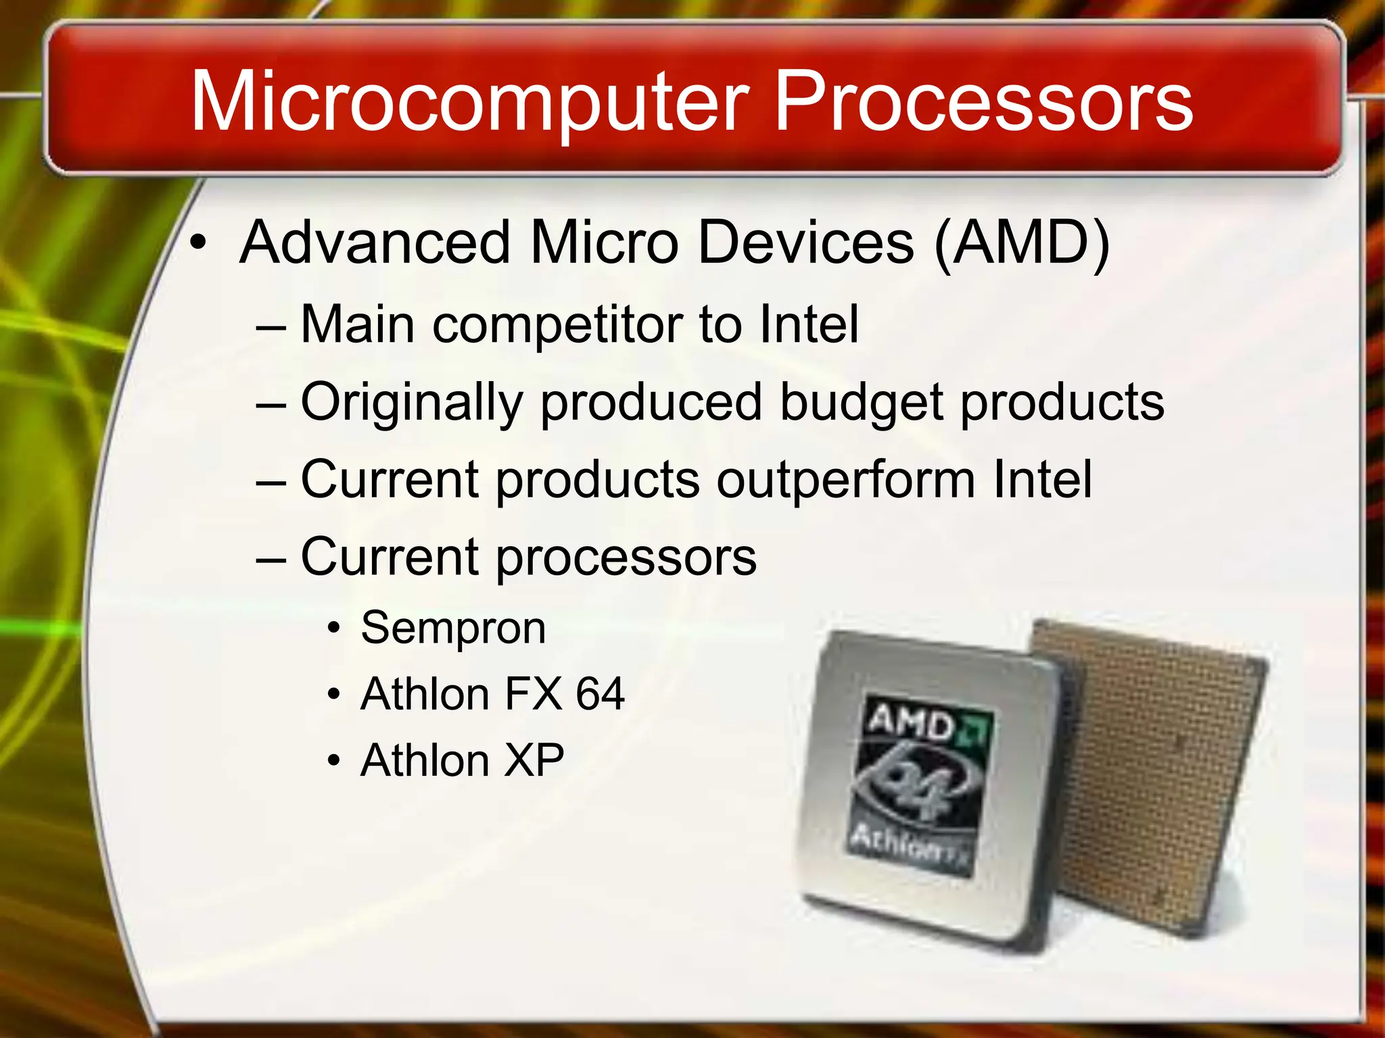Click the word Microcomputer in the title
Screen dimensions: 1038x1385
470,103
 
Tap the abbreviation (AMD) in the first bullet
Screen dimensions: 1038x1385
1021,243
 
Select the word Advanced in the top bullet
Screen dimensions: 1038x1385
375,243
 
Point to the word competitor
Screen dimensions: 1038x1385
557,326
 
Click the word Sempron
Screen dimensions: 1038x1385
453,628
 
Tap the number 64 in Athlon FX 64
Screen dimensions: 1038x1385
600,694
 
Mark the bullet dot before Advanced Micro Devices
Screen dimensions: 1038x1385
197,243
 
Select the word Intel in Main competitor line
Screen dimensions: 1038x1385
809,326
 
